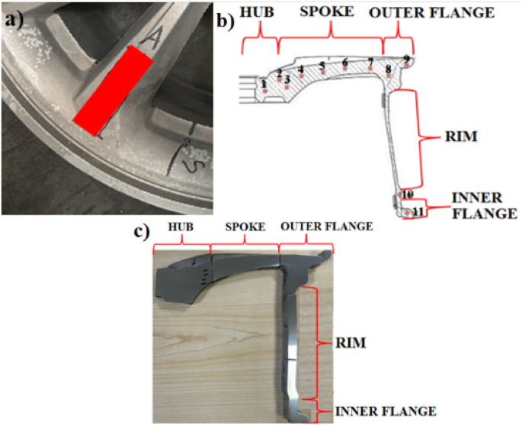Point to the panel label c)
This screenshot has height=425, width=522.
(144, 230)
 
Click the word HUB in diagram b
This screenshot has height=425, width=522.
(259, 13)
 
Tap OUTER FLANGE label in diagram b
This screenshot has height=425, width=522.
(431, 13)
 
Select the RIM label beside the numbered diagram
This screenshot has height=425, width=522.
(463, 138)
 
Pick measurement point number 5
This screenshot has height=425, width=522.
(322, 66)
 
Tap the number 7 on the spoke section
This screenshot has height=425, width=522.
(370, 61)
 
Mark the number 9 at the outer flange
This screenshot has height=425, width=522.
(407, 59)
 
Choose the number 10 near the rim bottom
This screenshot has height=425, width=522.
(408, 195)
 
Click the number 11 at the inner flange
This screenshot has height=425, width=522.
(418, 211)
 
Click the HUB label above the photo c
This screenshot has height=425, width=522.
(181, 227)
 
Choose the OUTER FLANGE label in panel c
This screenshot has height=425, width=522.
(327, 227)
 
